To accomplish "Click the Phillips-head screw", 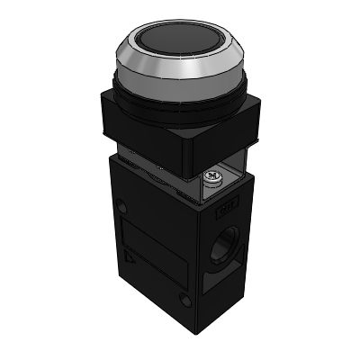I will click(x=212, y=176).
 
